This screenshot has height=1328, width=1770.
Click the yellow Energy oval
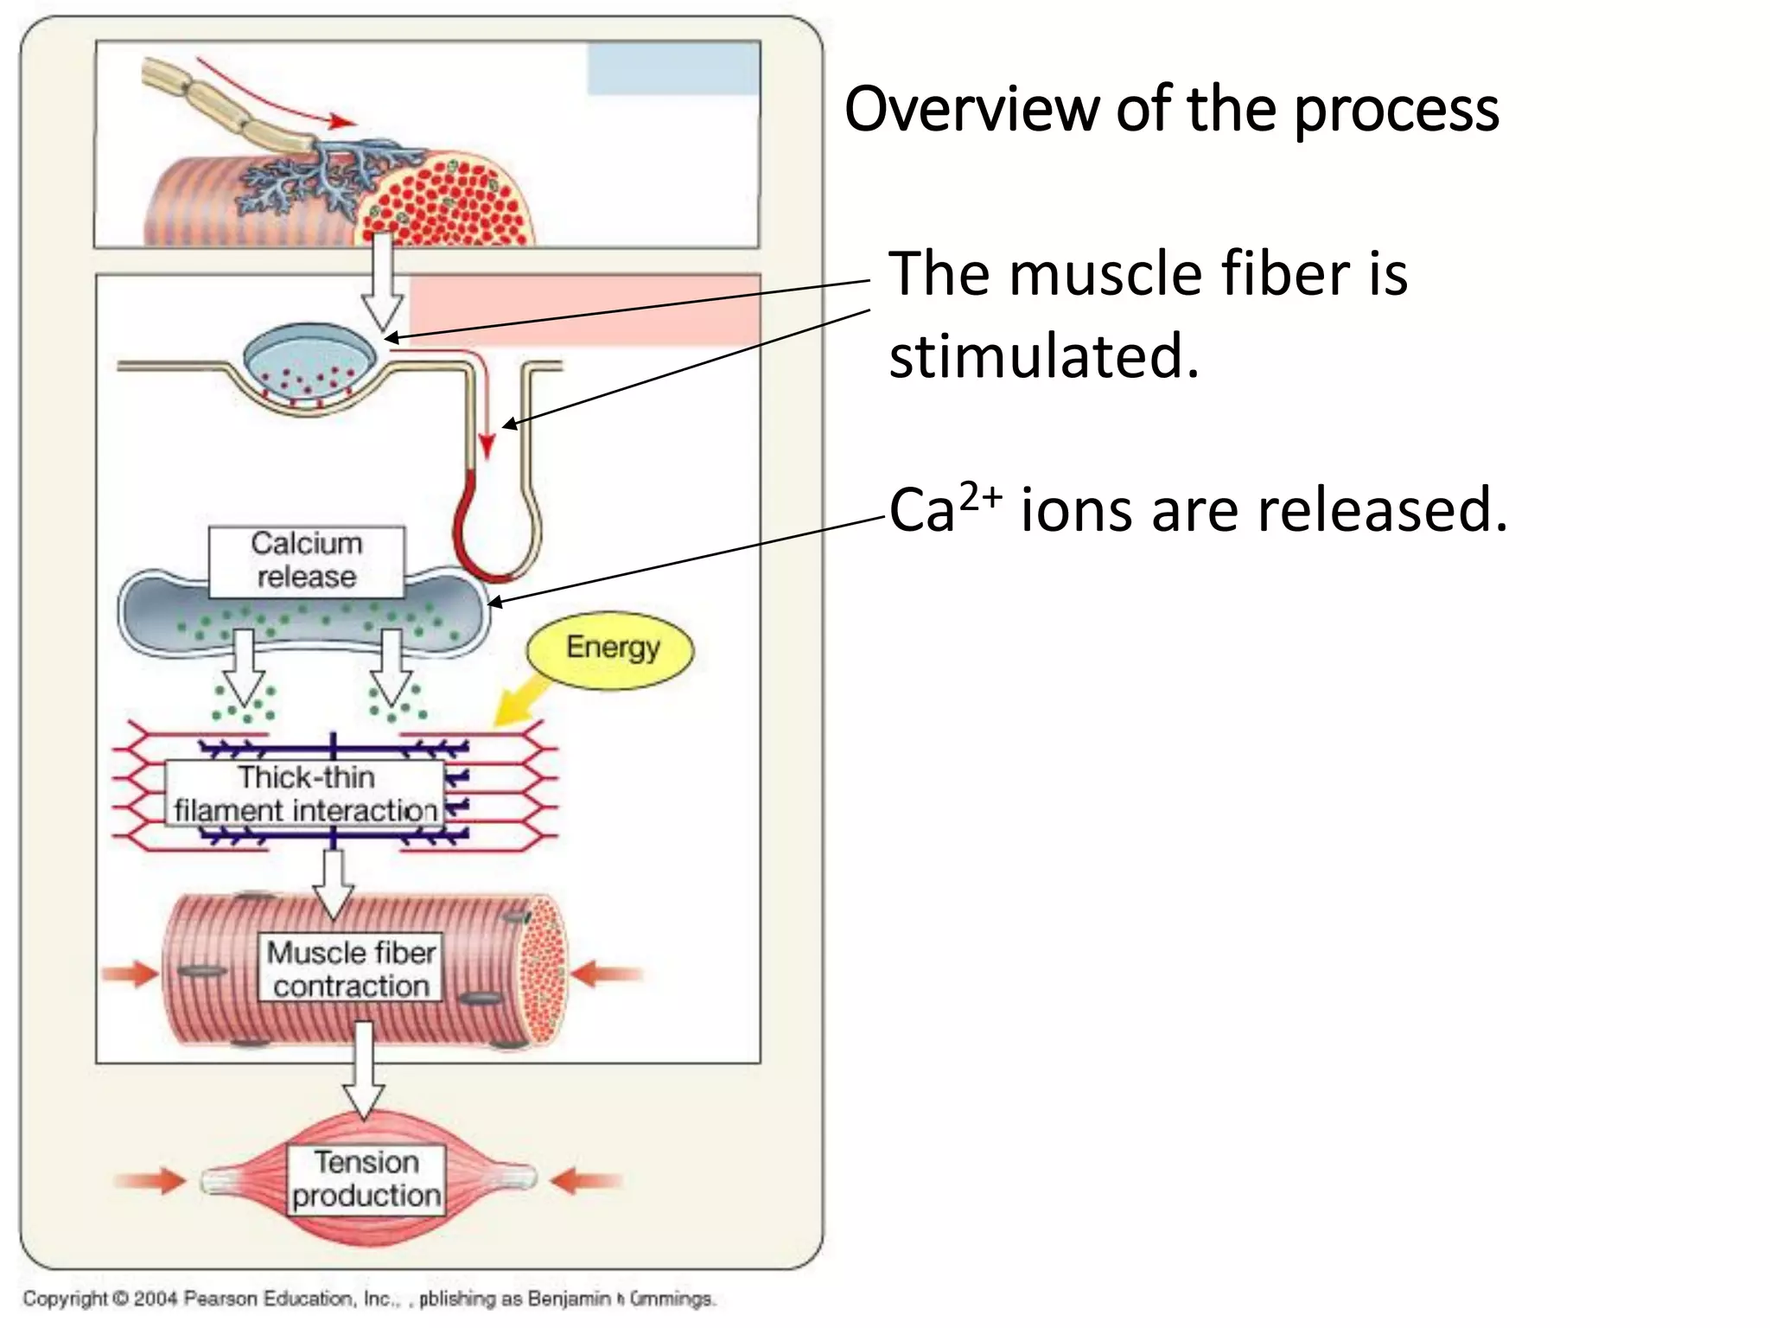click(610, 649)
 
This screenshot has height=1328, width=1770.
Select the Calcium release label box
click(306, 561)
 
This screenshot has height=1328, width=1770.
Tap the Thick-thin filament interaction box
click(304, 794)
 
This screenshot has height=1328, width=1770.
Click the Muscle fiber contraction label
click(351, 968)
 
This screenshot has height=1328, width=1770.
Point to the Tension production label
click(366, 1179)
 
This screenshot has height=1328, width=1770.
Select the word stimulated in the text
click(1043, 356)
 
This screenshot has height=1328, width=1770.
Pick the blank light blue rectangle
click(673, 68)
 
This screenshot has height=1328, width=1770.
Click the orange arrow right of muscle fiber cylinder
click(607, 974)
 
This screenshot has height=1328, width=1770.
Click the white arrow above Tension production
click(364, 1072)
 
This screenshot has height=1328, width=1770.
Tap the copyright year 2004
click(156, 1298)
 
